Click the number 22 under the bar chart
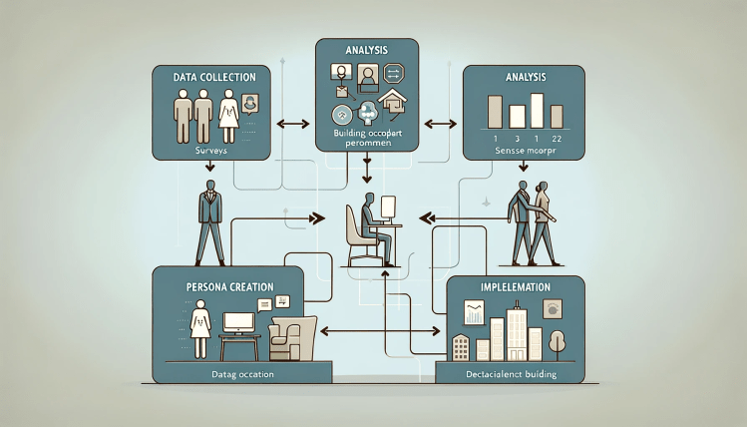click(556, 136)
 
